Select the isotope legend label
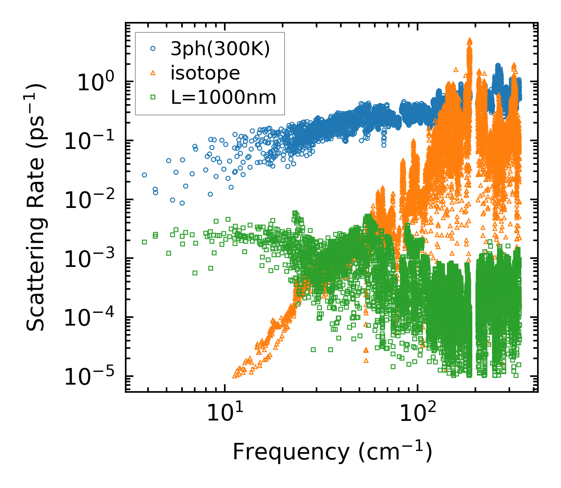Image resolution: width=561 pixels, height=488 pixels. [205, 73]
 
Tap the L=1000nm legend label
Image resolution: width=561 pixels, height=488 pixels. [224, 98]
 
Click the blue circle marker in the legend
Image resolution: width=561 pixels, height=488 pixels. [153, 49]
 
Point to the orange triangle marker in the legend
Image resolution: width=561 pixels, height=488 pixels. [153, 73]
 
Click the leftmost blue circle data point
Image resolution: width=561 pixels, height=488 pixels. [144, 175]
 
